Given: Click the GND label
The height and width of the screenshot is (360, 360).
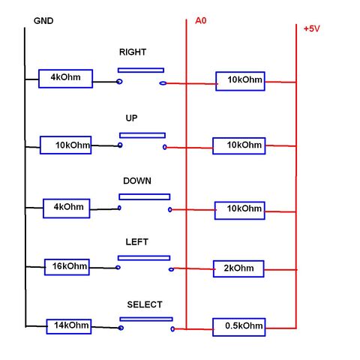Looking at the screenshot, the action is point(43,21).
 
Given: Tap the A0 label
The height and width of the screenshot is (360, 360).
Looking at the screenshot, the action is point(201,20).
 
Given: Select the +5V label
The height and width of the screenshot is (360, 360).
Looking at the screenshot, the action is point(312,28).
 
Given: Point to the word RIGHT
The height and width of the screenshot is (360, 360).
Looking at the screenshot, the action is point(133,52).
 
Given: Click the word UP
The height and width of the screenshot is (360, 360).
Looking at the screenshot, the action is point(131,118).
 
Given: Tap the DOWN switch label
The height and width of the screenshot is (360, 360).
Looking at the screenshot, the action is point(137,181).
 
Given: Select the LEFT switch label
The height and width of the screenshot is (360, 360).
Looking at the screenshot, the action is point(137,241).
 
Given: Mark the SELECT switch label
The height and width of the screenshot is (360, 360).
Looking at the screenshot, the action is point(145,304).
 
